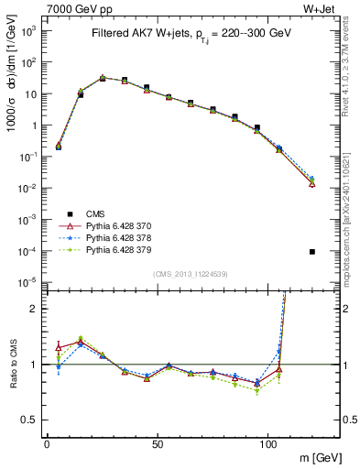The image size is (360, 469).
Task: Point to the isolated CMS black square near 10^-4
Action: click(x=312, y=252)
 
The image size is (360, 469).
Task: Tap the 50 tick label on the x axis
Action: click(x=158, y=444)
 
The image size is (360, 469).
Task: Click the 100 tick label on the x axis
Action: click(x=268, y=444)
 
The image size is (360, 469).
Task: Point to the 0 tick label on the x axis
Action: click(x=47, y=444)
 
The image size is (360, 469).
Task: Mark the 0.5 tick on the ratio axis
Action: click(x=30, y=420)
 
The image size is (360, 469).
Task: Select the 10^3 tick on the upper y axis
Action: click(x=28, y=30)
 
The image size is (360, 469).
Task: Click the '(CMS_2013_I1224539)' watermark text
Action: click(x=190, y=274)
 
